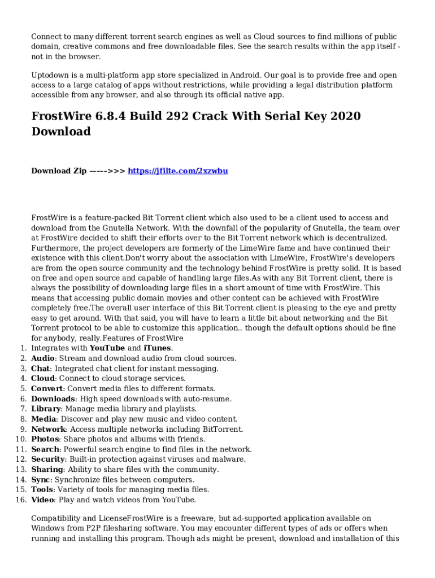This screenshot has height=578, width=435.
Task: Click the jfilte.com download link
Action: pyautogui.click(x=178, y=171)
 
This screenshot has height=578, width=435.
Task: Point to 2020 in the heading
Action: pyautogui.click(x=344, y=116)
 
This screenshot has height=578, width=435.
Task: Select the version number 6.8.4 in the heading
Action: pyautogui.click(x=110, y=116)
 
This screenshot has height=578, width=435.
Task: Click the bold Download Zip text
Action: pyautogui.click(x=59, y=171)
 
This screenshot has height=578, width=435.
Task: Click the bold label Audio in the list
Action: pyautogui.click(x=43, y=358)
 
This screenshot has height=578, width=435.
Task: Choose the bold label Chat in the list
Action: pyautogui.click(x=41, y=369)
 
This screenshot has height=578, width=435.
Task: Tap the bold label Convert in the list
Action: pyautogui.click(x=47, y=389)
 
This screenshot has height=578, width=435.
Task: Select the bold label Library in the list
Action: pyautogui.click(x=46, y=409)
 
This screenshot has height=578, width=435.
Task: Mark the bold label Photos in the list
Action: pyautogui.click(x=45, y=439)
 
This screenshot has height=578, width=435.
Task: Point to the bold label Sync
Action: pyautogui.click(x=41, y=480)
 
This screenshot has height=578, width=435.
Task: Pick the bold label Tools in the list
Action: pyautogui.click(x=42, y=490)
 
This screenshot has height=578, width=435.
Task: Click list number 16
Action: pyautogui.click(x=21, y=500)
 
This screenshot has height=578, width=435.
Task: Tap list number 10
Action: pyautogui.click(x=21, y=439)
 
